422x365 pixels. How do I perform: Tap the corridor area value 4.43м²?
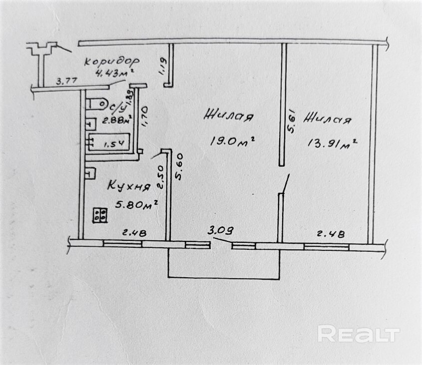(x=114, y=74)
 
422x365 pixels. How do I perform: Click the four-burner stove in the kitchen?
(x=101, y=214)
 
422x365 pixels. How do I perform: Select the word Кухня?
(x=129, y=187)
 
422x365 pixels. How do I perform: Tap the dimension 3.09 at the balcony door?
(x=221, y=231)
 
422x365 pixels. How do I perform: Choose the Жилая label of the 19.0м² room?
(x=228, y=117)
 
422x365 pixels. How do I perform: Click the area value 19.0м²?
(x=233, y=141)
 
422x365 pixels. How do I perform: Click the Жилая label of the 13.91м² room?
(x=328, y=119)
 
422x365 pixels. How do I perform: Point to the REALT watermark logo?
(x=359, y=334)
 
